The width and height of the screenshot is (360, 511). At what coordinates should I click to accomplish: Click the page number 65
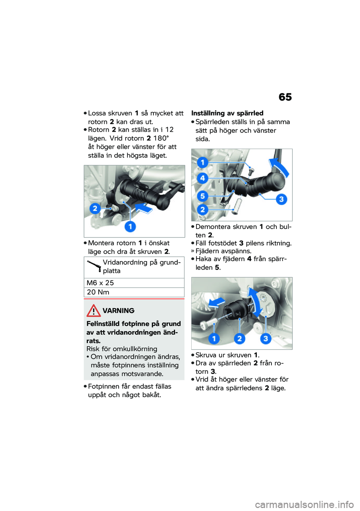285,97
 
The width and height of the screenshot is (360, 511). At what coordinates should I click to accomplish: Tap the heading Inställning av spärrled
227,113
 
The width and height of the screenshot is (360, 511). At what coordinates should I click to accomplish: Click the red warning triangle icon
93,311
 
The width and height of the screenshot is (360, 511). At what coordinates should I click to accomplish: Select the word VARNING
118,311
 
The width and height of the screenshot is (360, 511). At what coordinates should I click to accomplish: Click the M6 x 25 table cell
100,283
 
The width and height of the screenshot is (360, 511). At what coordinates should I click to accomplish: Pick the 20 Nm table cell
98,292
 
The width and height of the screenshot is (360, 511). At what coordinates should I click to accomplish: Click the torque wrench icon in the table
94,265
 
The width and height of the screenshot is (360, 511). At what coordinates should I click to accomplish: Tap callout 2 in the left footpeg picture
95,208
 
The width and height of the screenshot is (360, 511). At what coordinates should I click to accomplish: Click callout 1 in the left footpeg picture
130,227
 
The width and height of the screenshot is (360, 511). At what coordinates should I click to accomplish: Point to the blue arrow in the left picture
144,207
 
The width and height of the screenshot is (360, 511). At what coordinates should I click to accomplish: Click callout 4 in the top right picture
202,178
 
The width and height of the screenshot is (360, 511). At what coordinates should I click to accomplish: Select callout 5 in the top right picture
202,196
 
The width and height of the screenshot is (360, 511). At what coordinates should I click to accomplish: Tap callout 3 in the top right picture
281,199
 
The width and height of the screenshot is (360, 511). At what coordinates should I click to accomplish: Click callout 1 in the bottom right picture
214,338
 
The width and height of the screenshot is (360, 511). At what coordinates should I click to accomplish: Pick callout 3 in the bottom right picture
265,338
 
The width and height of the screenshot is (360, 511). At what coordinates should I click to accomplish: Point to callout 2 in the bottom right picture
239,338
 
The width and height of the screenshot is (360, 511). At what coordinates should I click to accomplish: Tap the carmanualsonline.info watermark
304,505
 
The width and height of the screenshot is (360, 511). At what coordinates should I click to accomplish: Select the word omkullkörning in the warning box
135,349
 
